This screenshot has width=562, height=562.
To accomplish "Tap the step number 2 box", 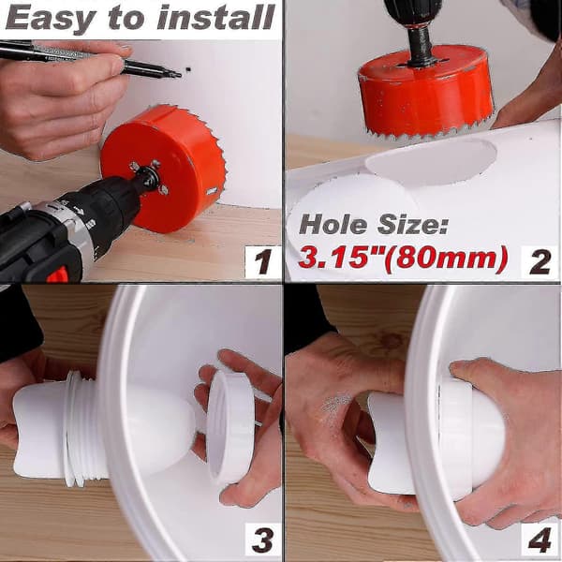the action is point(540,261).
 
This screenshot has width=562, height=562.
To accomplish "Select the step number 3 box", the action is point(262,539).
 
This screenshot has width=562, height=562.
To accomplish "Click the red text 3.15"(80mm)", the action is point(403,258).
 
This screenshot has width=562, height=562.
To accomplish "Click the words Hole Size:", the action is point(374,225).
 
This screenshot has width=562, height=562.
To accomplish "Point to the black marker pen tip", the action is point(178,74).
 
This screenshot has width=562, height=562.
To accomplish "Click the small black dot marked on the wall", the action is point(188,69).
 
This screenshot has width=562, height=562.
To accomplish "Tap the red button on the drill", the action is point(57,274).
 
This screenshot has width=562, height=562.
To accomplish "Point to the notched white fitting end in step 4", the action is point(389,443).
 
